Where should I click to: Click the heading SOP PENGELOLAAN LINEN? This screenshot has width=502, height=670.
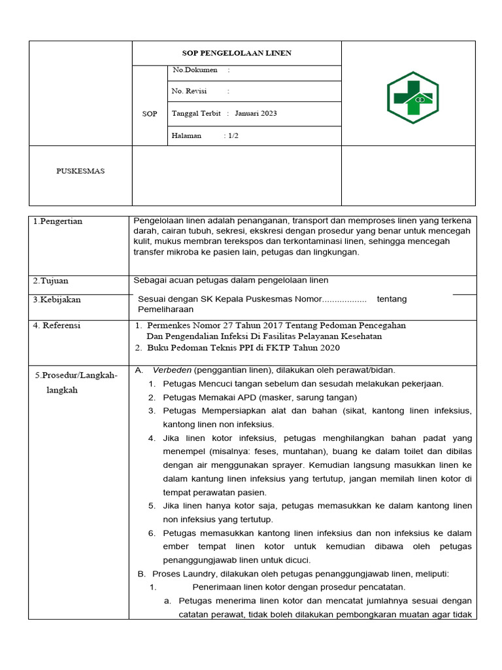[237, 53]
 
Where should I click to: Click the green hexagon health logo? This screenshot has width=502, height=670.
[412, 97]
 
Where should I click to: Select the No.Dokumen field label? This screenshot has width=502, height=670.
[194, 70]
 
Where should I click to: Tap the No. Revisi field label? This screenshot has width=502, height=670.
[189, 92]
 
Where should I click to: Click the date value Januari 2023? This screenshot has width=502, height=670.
[256, 113]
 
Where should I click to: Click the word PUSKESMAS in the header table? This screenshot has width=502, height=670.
[80, 171]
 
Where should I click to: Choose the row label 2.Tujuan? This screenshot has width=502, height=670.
[51, 281]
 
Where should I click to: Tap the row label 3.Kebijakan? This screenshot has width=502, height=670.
[57, 300]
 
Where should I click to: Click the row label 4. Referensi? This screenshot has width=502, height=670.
[57, 325]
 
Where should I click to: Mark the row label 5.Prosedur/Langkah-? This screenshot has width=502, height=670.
[76, 375]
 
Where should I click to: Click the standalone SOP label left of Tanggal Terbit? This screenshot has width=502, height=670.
[150, 114]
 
